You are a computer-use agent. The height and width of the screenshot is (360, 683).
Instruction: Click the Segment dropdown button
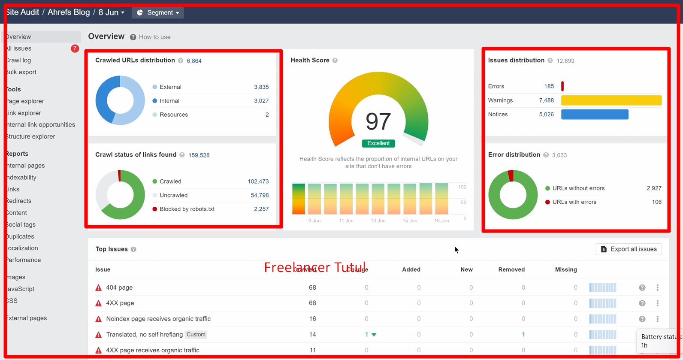coord(158,12)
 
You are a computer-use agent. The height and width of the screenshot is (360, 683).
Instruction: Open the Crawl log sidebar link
coord(19,61)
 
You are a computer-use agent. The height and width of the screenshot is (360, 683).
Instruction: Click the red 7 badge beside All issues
coord(75,48)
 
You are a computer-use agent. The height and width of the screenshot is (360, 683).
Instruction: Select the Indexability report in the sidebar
coord(21,177)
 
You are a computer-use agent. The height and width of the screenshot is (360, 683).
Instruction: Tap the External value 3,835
coord(261,87)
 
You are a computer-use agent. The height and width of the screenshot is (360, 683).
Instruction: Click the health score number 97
coord(378,121)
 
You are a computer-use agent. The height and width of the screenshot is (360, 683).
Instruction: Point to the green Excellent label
coord(378,143)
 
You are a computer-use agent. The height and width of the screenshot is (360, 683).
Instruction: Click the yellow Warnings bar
coord(611,100)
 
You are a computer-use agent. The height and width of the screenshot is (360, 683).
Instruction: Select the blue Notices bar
coord(595,115)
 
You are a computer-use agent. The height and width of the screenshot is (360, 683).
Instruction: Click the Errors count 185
coord(549,86)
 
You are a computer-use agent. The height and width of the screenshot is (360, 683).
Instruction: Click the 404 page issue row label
coord(119,287)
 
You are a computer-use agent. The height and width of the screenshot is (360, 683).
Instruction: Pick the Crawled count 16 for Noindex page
coord(312,319)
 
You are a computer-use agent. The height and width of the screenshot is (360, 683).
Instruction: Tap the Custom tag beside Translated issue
coord(196,335)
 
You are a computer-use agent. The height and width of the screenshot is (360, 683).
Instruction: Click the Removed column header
coord(511,269)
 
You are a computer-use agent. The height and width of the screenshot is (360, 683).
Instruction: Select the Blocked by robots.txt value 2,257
coord(261,209)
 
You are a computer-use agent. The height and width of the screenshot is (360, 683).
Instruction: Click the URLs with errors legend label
coord(574,202)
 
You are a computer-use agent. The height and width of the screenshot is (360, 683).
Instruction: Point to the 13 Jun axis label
coord(378,221)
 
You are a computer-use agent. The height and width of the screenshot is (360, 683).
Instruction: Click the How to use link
coord(154,37)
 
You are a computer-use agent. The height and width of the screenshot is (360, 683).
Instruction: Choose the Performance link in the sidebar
coord(24,260)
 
